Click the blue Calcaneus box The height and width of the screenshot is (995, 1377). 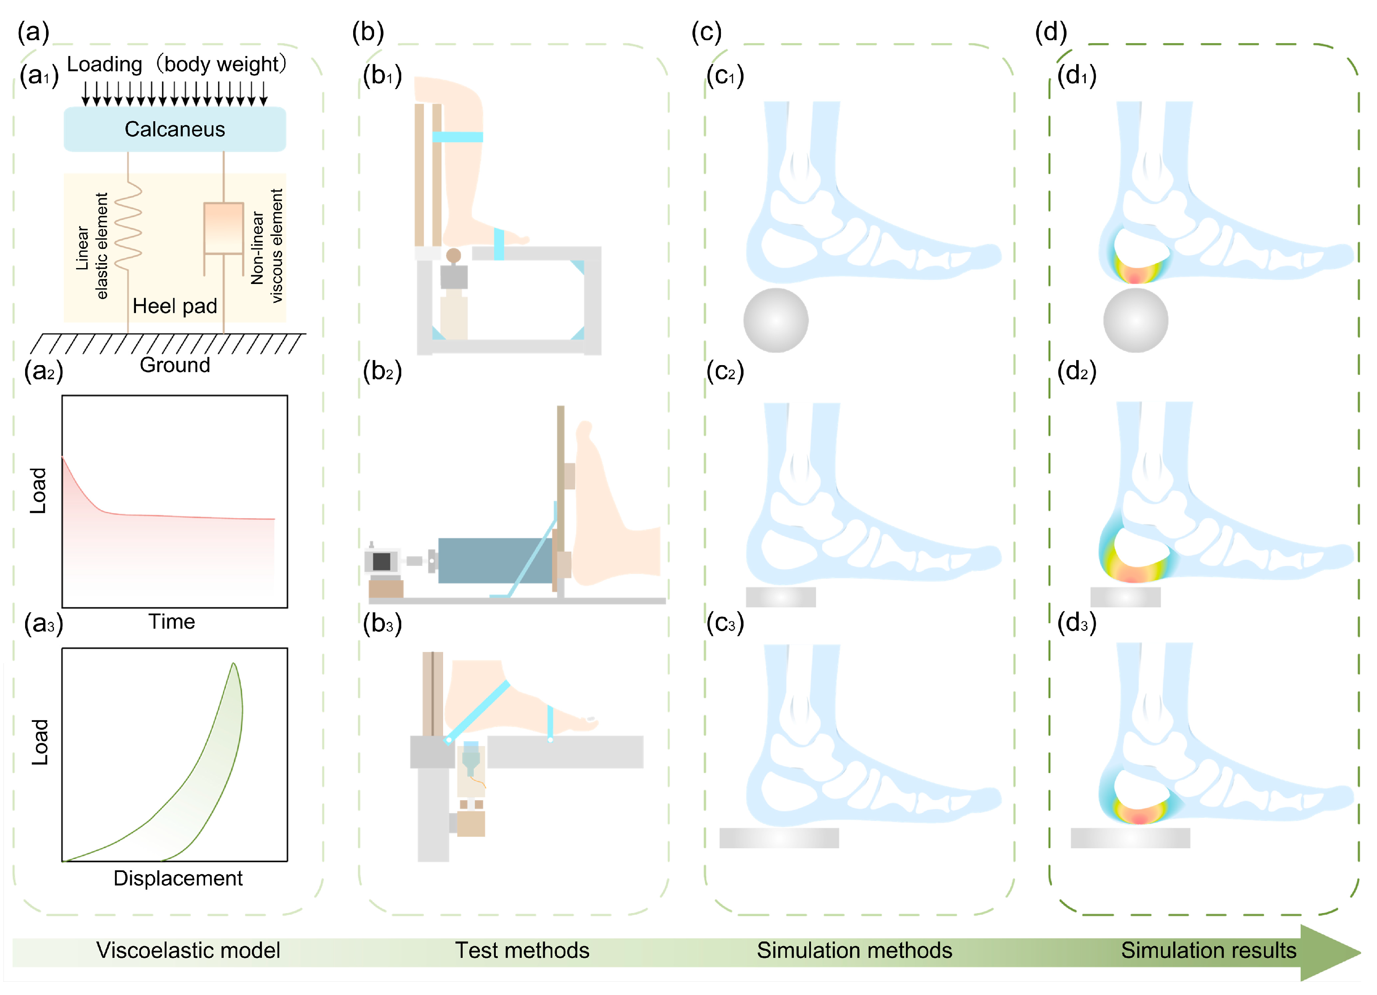(x=175, y=129)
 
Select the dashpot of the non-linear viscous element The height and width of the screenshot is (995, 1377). (x=223, y=228)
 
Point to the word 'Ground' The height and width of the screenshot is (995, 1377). (x=175, y=365)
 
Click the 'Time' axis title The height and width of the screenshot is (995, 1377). (x=172, y=622)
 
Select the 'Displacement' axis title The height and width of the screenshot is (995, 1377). (x=178, y=878)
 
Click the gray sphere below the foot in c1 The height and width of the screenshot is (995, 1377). (x=775, y=320)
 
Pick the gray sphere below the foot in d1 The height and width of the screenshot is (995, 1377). (x=1135, y=320)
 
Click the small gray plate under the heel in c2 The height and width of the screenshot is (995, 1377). (x=781, y=597)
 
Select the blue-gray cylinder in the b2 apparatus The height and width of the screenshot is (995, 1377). (x=495, y=560)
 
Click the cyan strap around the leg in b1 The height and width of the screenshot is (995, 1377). (x=458, y=137)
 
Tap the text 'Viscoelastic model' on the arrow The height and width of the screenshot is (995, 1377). (x=188, y=950)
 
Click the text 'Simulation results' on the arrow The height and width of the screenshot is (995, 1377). (x=1208, y=950)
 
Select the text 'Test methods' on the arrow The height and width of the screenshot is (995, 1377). (x=522, y=950)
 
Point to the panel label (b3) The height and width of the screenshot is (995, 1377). (x=382, y=624)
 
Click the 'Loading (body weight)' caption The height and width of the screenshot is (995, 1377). (x=176, y=64)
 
